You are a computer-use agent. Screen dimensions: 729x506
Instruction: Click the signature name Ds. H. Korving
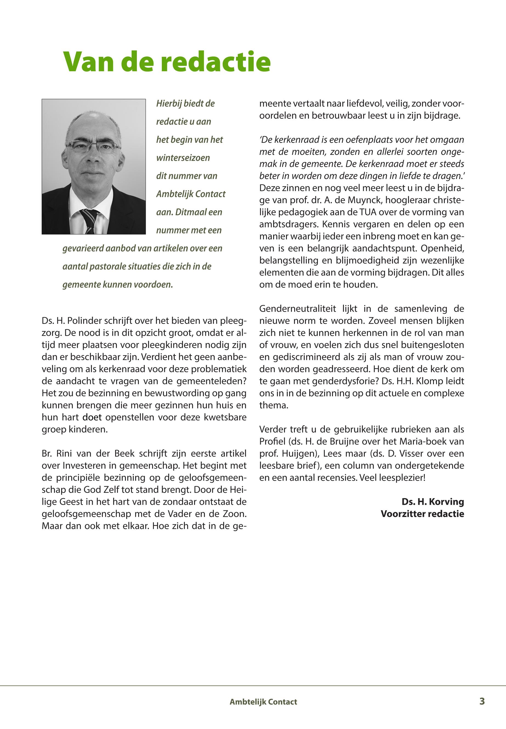pos(433,502)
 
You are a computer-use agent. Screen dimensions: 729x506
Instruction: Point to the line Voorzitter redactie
pos(422,514)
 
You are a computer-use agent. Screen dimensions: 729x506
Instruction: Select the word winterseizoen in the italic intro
pos(183,158)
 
